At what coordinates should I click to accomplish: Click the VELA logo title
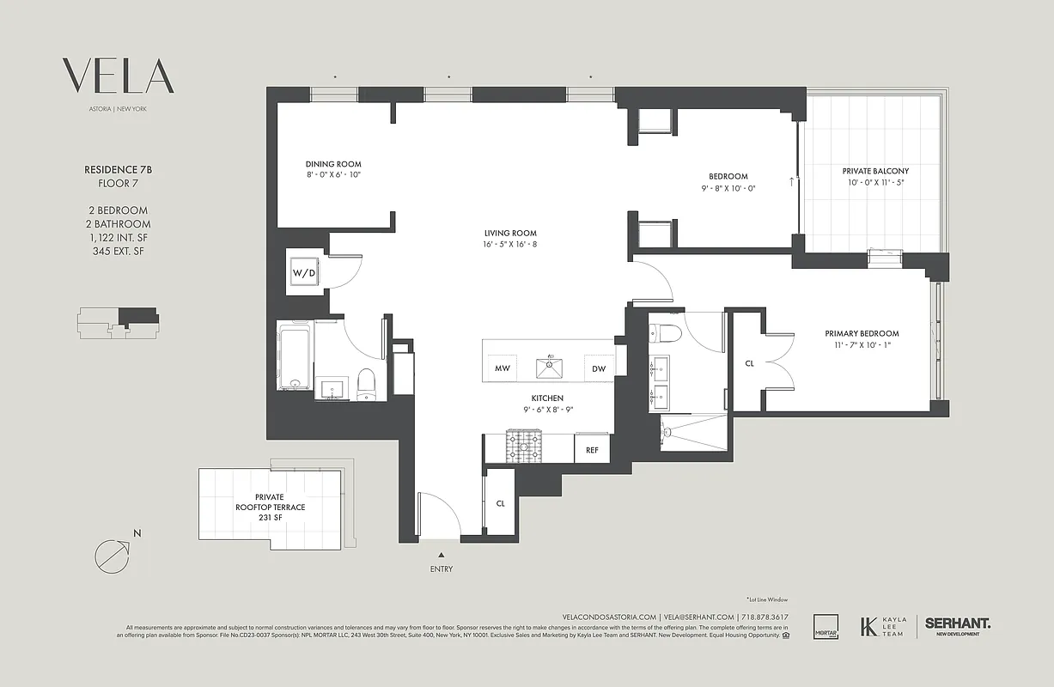[x=119, y=76]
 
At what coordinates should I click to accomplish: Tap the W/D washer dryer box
[x=304, y=273]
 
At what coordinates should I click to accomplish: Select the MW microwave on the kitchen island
[x=501, y=368]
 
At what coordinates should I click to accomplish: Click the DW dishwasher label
[x=599, y=368]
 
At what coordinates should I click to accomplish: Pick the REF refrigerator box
[x=592, y=449]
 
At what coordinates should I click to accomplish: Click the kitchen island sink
[x=550, y=368]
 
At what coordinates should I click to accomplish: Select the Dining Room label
[x=333, y=164]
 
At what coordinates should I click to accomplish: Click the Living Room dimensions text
[x=509, y=244]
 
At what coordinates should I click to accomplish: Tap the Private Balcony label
[x=875, y=171]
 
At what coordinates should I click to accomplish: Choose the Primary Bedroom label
[x=862, y=333]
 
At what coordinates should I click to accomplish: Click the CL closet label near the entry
[x=500, y=503]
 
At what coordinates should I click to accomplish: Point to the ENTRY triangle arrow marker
[x=442, y=556]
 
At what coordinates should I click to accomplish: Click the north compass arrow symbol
[x=113, y=555]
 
